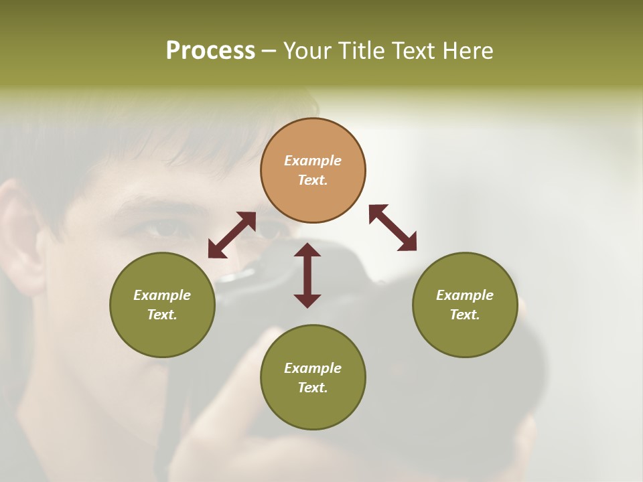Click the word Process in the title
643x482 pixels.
click(210, 51)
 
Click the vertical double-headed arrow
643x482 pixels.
click(307, 275)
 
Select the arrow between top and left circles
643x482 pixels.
click(232, 235)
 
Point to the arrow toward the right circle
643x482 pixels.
click(392, 228)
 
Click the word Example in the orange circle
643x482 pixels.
click(313, 161)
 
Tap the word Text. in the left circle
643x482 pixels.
click(162, 315)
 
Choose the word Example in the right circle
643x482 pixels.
click(465, 295)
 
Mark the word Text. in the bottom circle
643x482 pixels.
click(313, 388)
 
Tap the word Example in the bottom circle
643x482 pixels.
click(313, 368)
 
